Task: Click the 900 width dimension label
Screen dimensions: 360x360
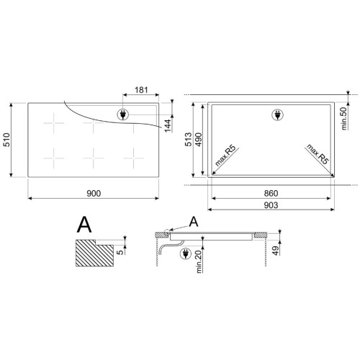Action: coord(94,193)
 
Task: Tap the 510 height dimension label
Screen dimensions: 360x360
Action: coord(6,140)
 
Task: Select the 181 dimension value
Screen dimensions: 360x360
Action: coord(141,90)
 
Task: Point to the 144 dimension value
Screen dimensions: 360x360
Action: coord(168,125)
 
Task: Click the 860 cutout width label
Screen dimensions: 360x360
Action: coord(271,193)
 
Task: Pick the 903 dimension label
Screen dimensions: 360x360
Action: coord(271,205)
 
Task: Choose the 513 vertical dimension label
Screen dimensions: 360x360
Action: coord(189,139)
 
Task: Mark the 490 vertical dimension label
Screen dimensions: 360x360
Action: coord(199,139)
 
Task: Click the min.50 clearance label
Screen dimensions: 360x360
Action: coord(344,119)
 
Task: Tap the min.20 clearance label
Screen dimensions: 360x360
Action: coord(199,261)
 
